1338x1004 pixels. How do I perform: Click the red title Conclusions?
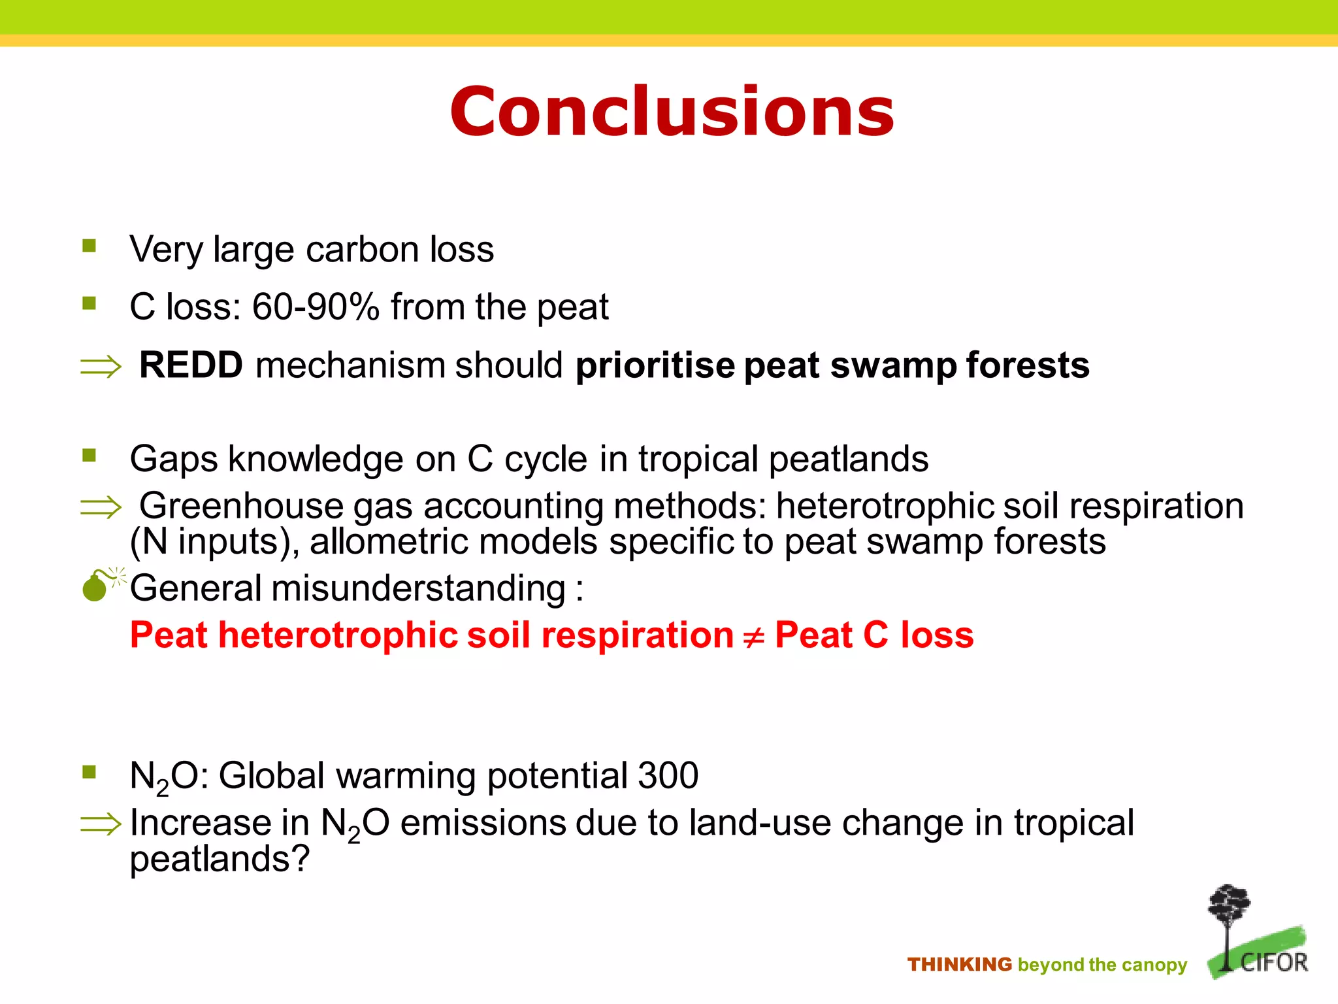click(672, 112)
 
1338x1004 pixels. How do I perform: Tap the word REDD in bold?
click(191, 365)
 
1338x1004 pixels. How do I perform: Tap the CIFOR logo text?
click(1274, 962)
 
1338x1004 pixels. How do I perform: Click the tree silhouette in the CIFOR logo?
click(1228, 915)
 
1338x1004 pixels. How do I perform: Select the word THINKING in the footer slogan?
click(959, 965)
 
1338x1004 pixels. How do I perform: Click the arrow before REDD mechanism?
click(101, 366)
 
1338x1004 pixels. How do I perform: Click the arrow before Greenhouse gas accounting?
click(101, 507)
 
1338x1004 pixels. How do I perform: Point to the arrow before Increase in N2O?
click(101, 824)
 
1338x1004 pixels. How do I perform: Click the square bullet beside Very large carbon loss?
click(90, 246)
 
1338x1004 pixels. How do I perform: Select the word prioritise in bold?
click(655, 366)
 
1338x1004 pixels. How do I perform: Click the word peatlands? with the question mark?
click(220, 860)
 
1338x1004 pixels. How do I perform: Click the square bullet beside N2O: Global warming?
click(90, 773)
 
